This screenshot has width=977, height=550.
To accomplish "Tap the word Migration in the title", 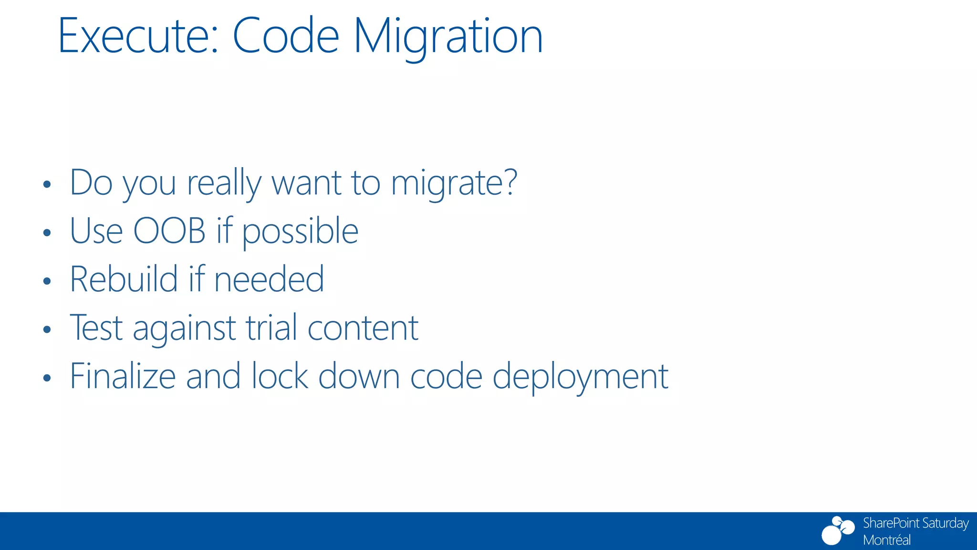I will point(448,36).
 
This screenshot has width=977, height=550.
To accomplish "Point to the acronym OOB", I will point(169,231).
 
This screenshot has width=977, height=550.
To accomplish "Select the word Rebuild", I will point(124,279).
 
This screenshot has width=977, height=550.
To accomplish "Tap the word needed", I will point(269,279).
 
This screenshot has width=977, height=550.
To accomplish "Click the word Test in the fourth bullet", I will point(96,328).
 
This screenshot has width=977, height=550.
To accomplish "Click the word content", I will point(363,328).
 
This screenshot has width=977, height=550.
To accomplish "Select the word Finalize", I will point(123,376).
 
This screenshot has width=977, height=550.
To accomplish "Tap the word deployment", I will point(580,377).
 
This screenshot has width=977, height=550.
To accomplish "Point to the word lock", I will point(280,376).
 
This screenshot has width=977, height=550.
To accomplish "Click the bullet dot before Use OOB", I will point(46,233).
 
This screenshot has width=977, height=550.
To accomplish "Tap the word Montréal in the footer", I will point(886,540).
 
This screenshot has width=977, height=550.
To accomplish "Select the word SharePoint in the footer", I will point(891,523).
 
